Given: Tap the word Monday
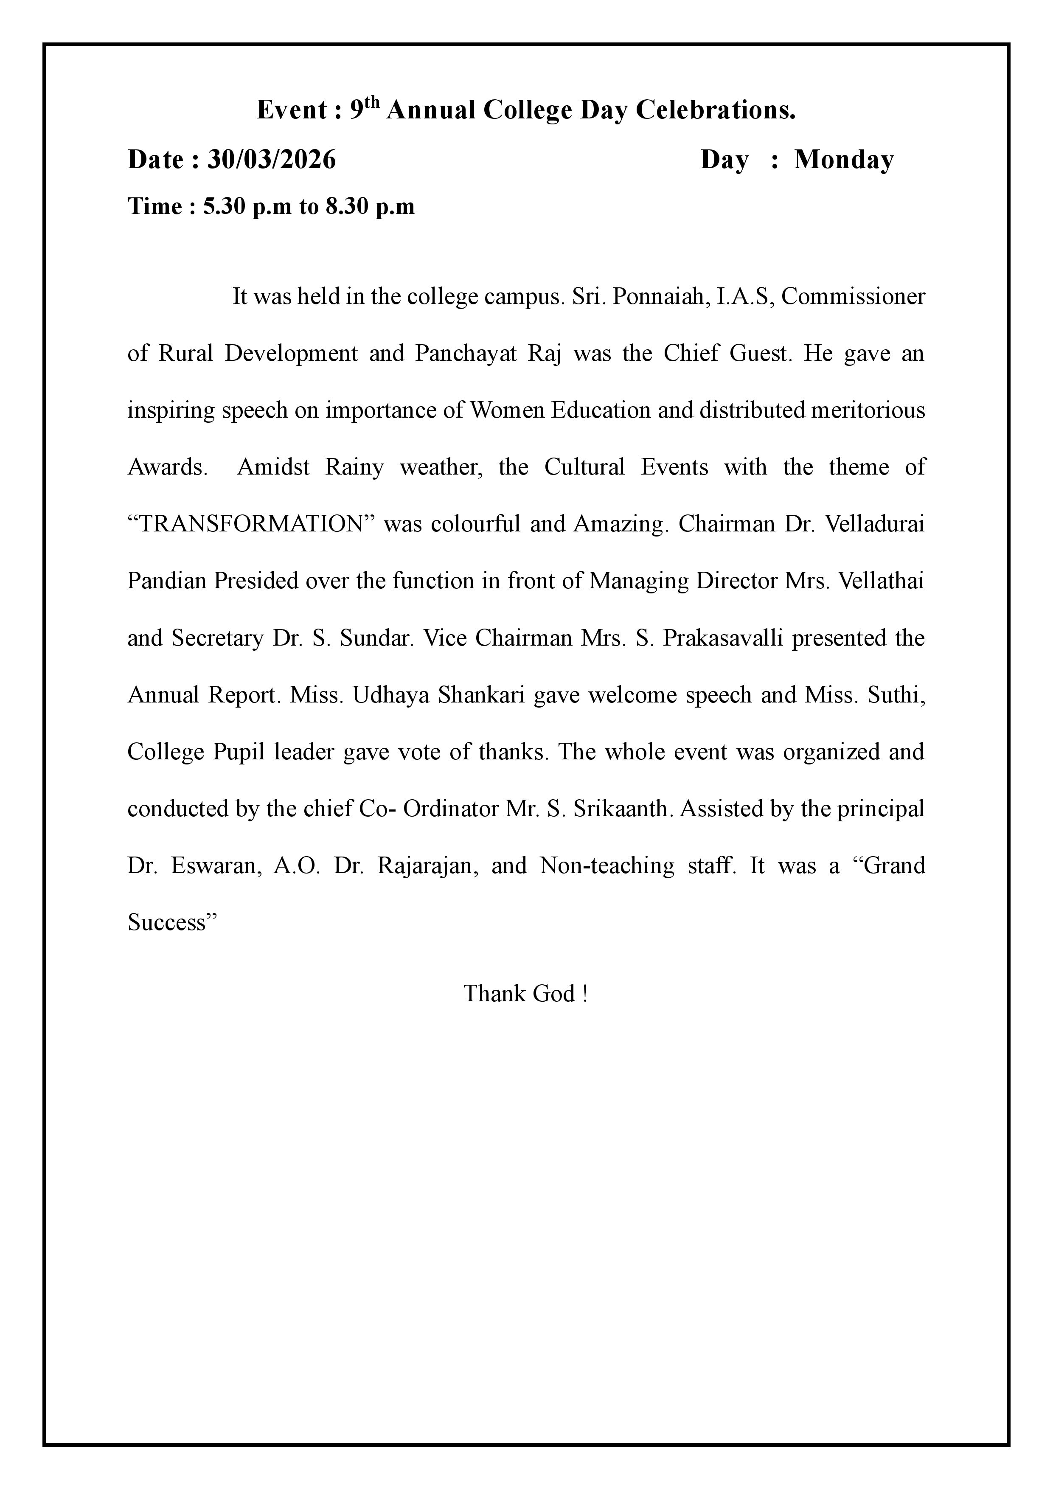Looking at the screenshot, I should click(x=844, y=160).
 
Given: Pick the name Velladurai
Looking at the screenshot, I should click(x=874, y=524).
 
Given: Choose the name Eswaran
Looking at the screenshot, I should click(x=216, y=866).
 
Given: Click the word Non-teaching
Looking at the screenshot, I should click(x=607, y=866).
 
